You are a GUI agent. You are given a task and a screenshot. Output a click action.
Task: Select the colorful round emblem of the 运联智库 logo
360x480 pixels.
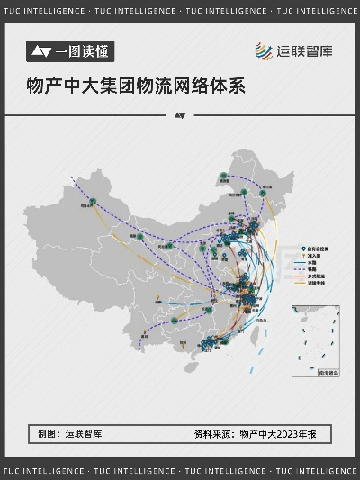coord(262,50)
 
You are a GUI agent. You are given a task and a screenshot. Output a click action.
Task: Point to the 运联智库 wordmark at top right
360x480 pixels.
coord(304,50)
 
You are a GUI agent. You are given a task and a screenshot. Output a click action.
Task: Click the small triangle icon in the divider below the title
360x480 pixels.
coord(179,116)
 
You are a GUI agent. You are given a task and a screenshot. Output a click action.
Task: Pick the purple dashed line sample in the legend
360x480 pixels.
coord(301,269)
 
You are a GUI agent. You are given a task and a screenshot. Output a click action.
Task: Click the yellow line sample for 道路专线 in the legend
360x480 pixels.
coord(301,282)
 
